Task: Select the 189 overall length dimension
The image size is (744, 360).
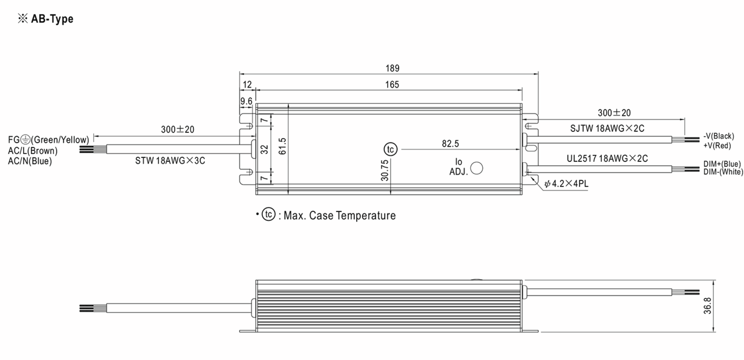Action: (392, 68)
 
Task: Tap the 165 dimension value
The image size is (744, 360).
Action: (392, 85)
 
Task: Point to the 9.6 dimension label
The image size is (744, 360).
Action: (246, 101)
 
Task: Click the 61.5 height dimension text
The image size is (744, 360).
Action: (282, 146)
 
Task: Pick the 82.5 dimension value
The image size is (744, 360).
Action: (450, 144)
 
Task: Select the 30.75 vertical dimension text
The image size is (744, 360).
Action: (385, 170)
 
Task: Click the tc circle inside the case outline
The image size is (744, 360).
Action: (390, 150)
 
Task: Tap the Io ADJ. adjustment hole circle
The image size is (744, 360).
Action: (476, 168)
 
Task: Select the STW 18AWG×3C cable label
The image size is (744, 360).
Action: (170, 161)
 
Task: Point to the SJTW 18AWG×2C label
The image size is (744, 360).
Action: (607, 129)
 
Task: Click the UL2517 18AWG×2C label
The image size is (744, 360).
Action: (607, 159)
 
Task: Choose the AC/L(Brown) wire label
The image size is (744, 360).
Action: (33, 151)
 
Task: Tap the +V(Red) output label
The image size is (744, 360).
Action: (717, 146)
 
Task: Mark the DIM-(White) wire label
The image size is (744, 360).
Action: (723, 172)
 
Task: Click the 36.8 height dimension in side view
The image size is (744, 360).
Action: (707, 306)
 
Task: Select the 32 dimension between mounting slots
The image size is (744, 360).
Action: (264, 150)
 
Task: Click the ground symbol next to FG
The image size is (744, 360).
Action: (25, 140)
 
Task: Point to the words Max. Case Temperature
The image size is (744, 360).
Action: (339, 216)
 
